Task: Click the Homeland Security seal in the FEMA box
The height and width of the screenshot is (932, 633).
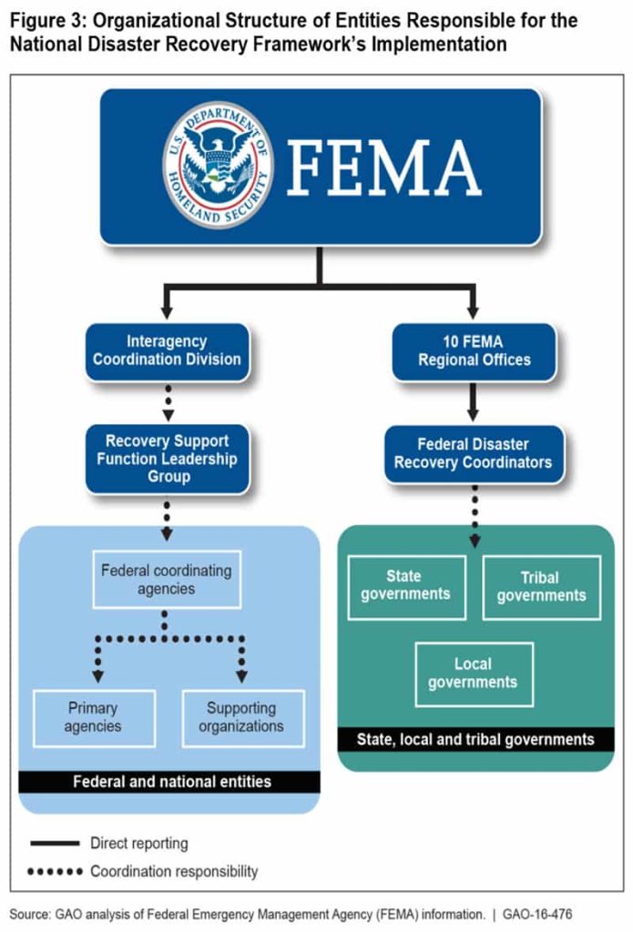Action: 218,165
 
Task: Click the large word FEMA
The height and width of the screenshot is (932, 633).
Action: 383,167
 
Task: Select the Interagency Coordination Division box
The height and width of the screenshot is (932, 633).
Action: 167,350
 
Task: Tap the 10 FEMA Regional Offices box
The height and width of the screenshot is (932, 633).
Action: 474,351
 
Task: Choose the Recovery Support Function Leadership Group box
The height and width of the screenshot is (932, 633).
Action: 168,459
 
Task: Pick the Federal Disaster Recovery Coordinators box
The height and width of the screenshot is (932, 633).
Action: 473,453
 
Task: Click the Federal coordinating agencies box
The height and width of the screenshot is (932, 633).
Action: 167,580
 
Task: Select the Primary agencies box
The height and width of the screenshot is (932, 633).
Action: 93,717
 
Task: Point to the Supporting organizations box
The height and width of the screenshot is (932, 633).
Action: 241,717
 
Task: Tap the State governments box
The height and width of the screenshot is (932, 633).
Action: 405,585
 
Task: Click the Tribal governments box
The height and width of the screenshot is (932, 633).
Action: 541,586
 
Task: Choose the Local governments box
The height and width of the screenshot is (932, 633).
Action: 473,674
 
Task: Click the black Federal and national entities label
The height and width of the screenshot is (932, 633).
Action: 171,781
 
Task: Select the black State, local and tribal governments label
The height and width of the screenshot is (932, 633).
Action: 474,738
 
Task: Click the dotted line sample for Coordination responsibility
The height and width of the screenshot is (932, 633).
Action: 55,872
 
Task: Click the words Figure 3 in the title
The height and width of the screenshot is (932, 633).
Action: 43,20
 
